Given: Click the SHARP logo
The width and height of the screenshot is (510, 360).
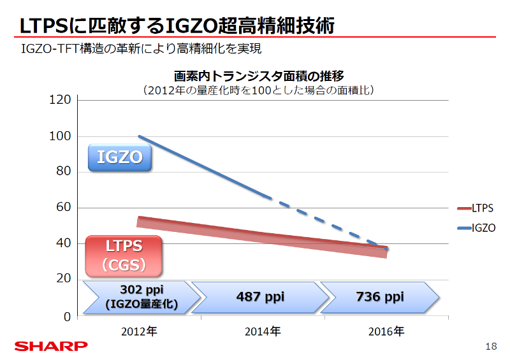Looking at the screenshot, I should point(52,346).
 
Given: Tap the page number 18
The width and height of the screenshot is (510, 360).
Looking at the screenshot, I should point(491,346).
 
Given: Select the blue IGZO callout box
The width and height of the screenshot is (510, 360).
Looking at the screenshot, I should point(119,157).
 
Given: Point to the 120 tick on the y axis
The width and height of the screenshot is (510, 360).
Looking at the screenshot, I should point(61,100).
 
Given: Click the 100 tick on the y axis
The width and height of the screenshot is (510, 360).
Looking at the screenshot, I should point(61,136).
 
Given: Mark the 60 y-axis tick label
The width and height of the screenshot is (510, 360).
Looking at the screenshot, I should point(63,208).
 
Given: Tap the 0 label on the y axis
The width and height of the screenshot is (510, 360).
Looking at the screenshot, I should point(66,316).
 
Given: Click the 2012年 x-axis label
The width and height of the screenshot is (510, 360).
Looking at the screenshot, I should point(139,331).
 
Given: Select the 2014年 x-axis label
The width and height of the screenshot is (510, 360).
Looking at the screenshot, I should point(263,331).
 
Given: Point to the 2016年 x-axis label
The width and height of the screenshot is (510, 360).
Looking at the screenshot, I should point(386,331).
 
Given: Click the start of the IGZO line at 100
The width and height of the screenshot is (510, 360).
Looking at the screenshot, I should point(140,136).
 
